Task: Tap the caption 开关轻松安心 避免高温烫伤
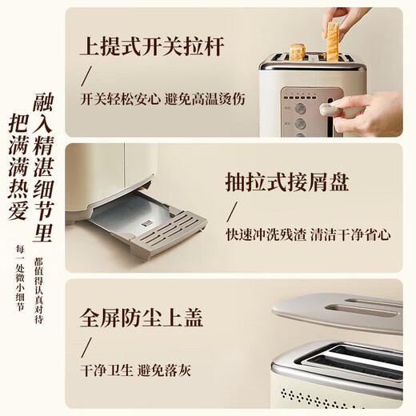pos(162,100)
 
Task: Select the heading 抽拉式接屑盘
pos(288,183)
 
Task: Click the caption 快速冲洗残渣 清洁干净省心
pos(309,237)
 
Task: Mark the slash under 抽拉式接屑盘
pos(233,211)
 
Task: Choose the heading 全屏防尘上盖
pos(142,317)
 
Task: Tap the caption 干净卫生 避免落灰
pos(135,371)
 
